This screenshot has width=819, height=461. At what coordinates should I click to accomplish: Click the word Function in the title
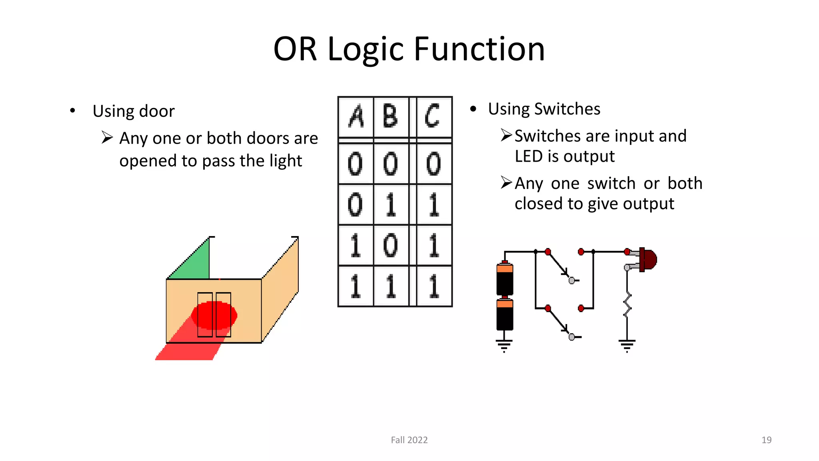click(x=479, y=49)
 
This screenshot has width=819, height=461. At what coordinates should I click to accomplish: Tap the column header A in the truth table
click(x=356, y=117)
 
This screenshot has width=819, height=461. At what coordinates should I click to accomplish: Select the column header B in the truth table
click(x=391, y=117)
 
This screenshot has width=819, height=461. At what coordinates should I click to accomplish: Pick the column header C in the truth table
click(x=433, y=117)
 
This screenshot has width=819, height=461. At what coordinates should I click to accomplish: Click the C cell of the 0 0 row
click(x=433, y=164)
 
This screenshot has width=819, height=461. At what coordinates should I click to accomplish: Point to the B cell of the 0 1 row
click(x=391, y=204)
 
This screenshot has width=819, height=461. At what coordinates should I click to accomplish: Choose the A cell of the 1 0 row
click(x=356, y=245)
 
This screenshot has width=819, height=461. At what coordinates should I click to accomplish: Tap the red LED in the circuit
click(x=648, y=259)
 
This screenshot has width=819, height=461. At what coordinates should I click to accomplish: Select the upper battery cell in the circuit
click(x=505, y=279)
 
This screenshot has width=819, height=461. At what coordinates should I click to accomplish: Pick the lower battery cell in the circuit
click(x=505, y=315)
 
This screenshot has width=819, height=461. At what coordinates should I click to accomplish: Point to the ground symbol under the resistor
click(x=627, y=345)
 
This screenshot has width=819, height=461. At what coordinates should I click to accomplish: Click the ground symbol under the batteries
click(x=504, y=345)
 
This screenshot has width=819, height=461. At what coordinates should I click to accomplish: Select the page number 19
click(x=766, y=440)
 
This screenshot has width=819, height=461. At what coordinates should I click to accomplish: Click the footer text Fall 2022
click(x=409, y=440)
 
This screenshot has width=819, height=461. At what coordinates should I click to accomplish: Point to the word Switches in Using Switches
click(x=567, y=109)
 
